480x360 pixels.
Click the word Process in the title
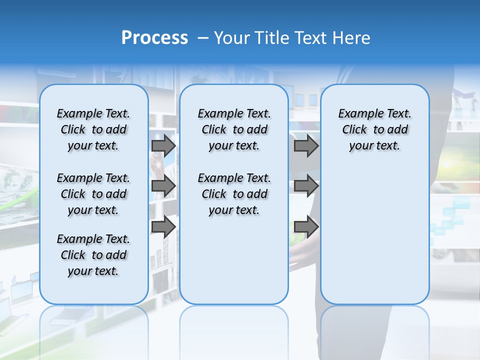(154, 38)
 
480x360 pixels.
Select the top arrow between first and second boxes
(163, 145)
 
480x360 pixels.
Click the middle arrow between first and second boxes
(163, 186)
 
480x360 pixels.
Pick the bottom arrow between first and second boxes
(163, 227)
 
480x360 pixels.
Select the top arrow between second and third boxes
(306, 145)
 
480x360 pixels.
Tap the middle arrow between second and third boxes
(306, 186)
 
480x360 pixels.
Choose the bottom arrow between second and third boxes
(306, 227)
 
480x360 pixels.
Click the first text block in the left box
(93, 129)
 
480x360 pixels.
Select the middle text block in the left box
(93, 194)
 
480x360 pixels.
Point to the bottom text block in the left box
(93, 255)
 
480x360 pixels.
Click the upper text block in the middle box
(234, 129)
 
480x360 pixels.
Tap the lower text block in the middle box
(234, 194)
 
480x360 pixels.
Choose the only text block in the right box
(375, 129)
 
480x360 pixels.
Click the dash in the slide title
(203, 38)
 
